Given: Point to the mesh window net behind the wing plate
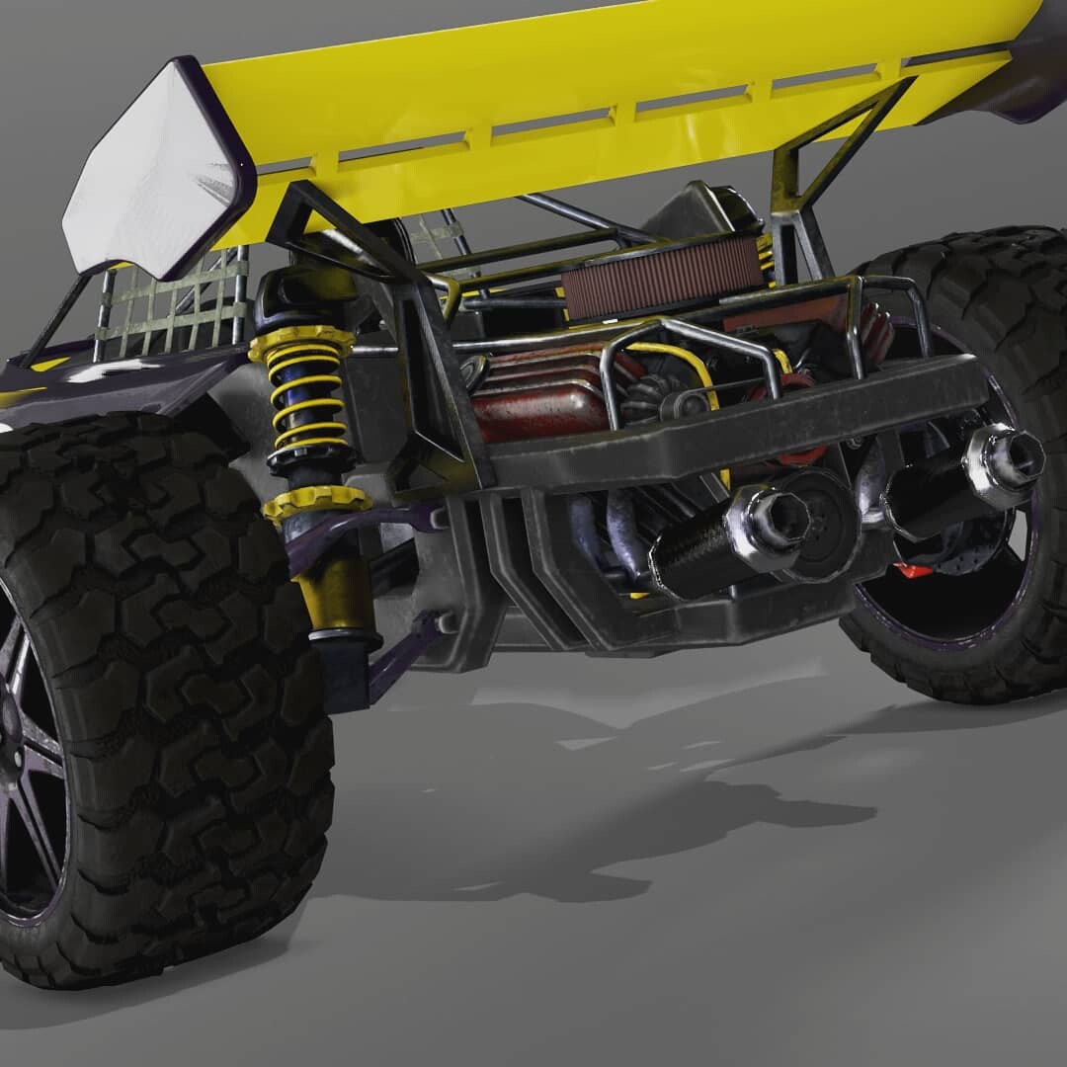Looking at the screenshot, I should click(x=173, y=306).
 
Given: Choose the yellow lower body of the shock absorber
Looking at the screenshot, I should click(x=331, y=593).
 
